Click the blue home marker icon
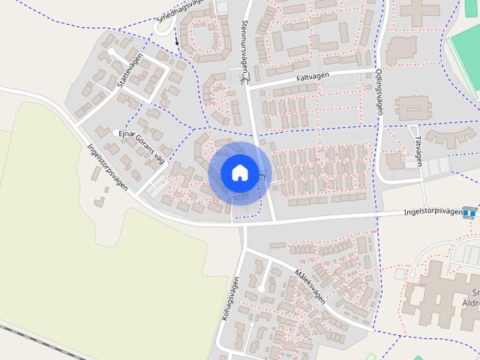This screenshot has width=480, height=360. click(239, 172)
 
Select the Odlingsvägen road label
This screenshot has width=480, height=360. click(379, 92)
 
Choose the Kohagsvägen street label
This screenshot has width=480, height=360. click(230, 299)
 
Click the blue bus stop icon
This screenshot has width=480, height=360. click(470, 212)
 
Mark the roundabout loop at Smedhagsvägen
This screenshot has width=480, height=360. click(164, 26)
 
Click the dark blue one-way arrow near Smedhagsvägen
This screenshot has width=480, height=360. click(177, 39)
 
